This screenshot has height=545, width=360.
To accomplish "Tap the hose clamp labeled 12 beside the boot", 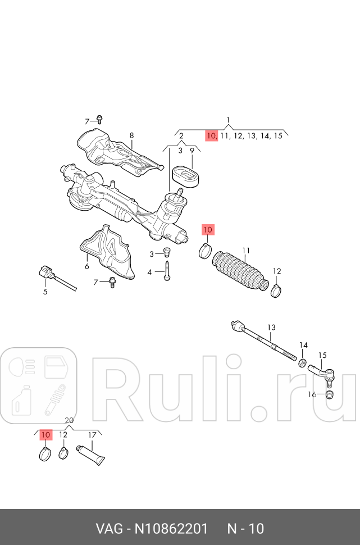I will click(276, 291).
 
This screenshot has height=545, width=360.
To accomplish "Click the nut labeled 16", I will click(330, 394).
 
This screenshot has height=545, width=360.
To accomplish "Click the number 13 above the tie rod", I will click(271, 327).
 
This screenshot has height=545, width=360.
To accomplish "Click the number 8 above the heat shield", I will click(131, 135).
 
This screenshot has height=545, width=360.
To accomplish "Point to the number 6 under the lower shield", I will click(87, 266).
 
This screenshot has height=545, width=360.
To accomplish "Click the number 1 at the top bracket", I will click(229, 119).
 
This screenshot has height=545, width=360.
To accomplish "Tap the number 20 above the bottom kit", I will click(69, 421).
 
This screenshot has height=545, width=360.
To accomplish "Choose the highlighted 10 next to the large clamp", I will click(208, 230).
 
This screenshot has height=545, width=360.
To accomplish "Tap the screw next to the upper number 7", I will click(100, 119).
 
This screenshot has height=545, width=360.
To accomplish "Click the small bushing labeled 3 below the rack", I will click(166, 253).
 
